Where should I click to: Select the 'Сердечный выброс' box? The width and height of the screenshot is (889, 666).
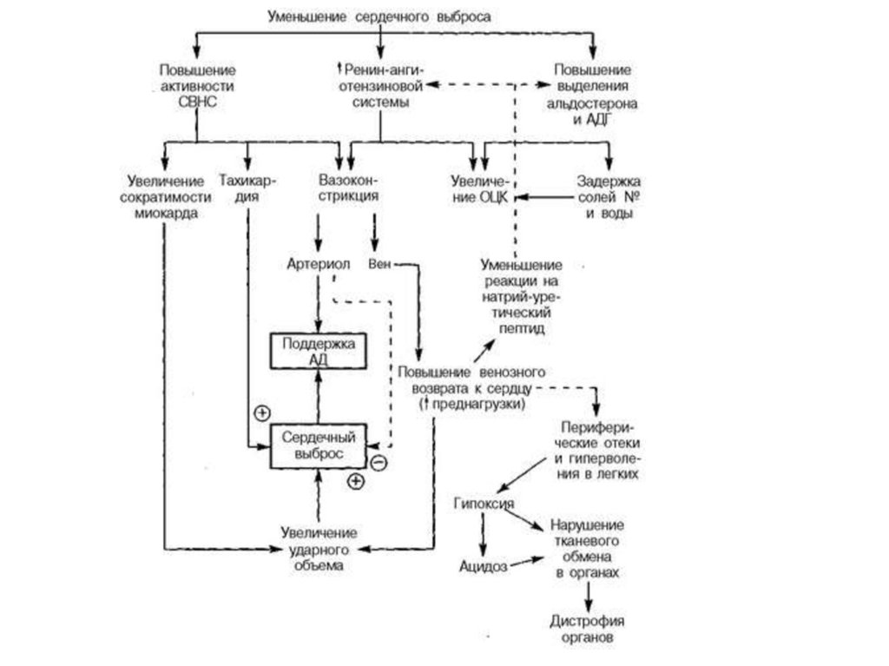coord(319,446)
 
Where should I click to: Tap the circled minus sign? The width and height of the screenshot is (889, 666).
coord(378,462)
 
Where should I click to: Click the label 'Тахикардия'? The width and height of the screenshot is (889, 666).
coord(248,188)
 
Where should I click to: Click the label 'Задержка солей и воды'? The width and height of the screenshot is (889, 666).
coord(609,197)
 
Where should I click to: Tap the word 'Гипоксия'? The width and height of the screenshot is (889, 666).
coord(484,504)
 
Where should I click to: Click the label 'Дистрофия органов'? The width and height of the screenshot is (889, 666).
coord(588,629)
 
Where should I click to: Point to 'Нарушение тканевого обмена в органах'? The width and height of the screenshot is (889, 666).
coord(588,550)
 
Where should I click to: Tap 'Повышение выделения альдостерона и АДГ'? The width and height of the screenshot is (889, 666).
coord(594,94)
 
